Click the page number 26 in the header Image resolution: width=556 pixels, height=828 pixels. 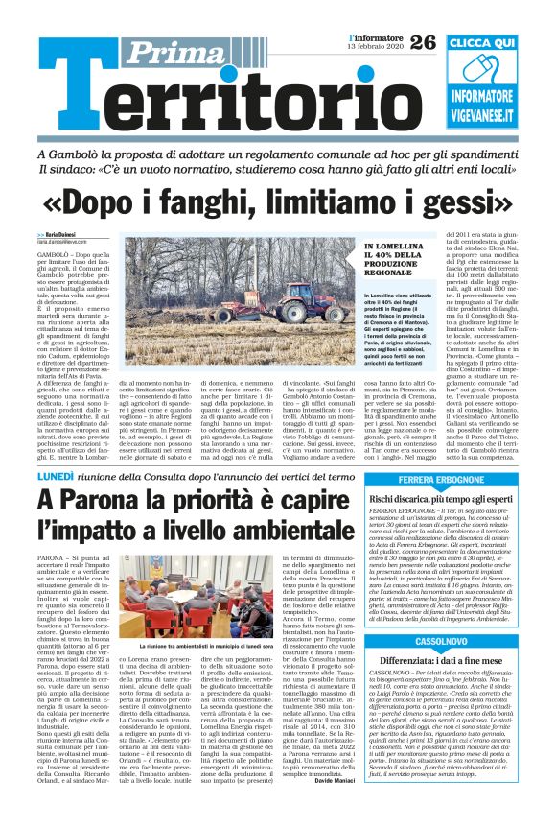tap(422, 42)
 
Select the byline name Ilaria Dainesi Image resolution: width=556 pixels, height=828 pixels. tap(57, 235)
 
